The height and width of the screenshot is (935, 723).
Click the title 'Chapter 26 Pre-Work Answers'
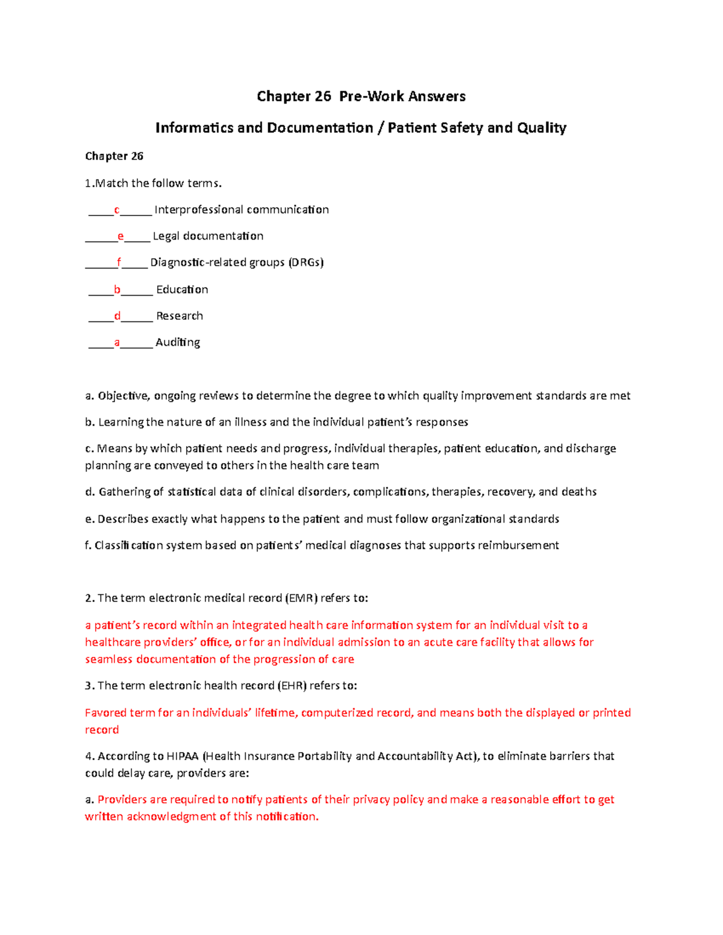click(x=361, y=96)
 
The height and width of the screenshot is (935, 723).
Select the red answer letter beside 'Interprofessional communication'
click(x=117, y=210)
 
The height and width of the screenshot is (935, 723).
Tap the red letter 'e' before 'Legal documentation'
click(x=120, y=237)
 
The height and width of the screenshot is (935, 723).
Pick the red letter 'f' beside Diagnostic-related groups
click(x=119, y=262)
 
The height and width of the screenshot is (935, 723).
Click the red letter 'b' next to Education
click(x=117, y=290)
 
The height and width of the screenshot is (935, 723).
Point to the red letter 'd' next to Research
click(x=117, y=316)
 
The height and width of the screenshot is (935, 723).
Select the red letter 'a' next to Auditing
click(x=117, y=343)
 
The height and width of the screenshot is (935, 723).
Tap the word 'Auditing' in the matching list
click(x=178, y=343)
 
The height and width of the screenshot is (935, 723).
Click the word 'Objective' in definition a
click(x=124, y=396)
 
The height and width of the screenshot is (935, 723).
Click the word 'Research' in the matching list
click(x=180, y=316)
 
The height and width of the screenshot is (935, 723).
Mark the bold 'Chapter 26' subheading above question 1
click(x=114, y=157)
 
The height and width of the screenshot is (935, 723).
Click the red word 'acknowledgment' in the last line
click(x=171, y=817)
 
